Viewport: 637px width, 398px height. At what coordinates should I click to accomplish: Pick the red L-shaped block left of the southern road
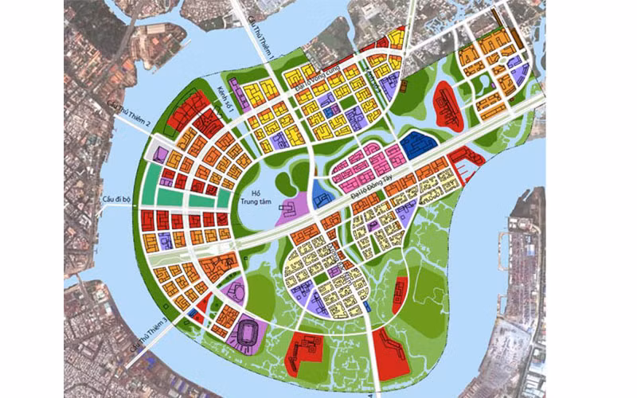tap(305, 350)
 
